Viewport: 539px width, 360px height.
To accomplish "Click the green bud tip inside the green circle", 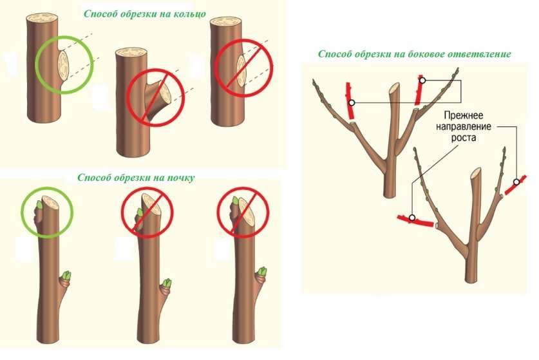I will (x=37, y=205).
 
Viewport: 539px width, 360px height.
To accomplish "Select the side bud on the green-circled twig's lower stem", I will (x=66, y=278).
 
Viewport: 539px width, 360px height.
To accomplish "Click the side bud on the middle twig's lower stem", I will (x=167, y=284).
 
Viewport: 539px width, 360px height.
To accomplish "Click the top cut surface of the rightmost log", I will (x=227, y=24).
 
